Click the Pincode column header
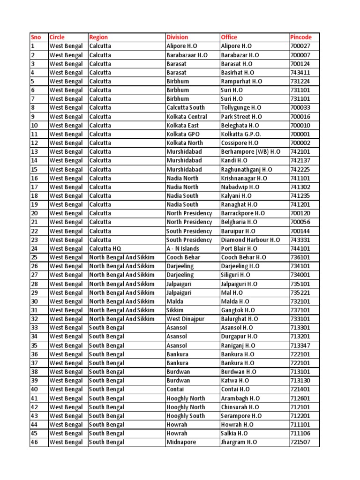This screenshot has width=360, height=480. [301, 37]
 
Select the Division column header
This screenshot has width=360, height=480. [177, 37]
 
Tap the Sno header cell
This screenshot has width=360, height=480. [36, 37]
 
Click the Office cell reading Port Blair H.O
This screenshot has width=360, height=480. [239, 249]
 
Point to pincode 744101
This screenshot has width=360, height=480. [300, 249]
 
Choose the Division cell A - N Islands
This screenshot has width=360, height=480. [183, 249]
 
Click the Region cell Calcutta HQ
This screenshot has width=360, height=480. [105, 249]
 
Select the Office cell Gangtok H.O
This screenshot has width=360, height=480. [238, 310]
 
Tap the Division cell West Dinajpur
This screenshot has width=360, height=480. [186, 319]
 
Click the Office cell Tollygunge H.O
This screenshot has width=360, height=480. [241, 108]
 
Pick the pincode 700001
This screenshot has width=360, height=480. [300, 134]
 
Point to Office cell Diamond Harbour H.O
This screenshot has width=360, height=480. [250, 240]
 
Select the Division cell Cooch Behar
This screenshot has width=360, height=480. [183, 257]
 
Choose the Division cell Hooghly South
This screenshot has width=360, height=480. [186, 416]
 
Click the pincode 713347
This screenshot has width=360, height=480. [300, 345]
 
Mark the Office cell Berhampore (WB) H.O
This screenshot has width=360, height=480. [251, 152]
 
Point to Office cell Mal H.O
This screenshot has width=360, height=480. [232, 292]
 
